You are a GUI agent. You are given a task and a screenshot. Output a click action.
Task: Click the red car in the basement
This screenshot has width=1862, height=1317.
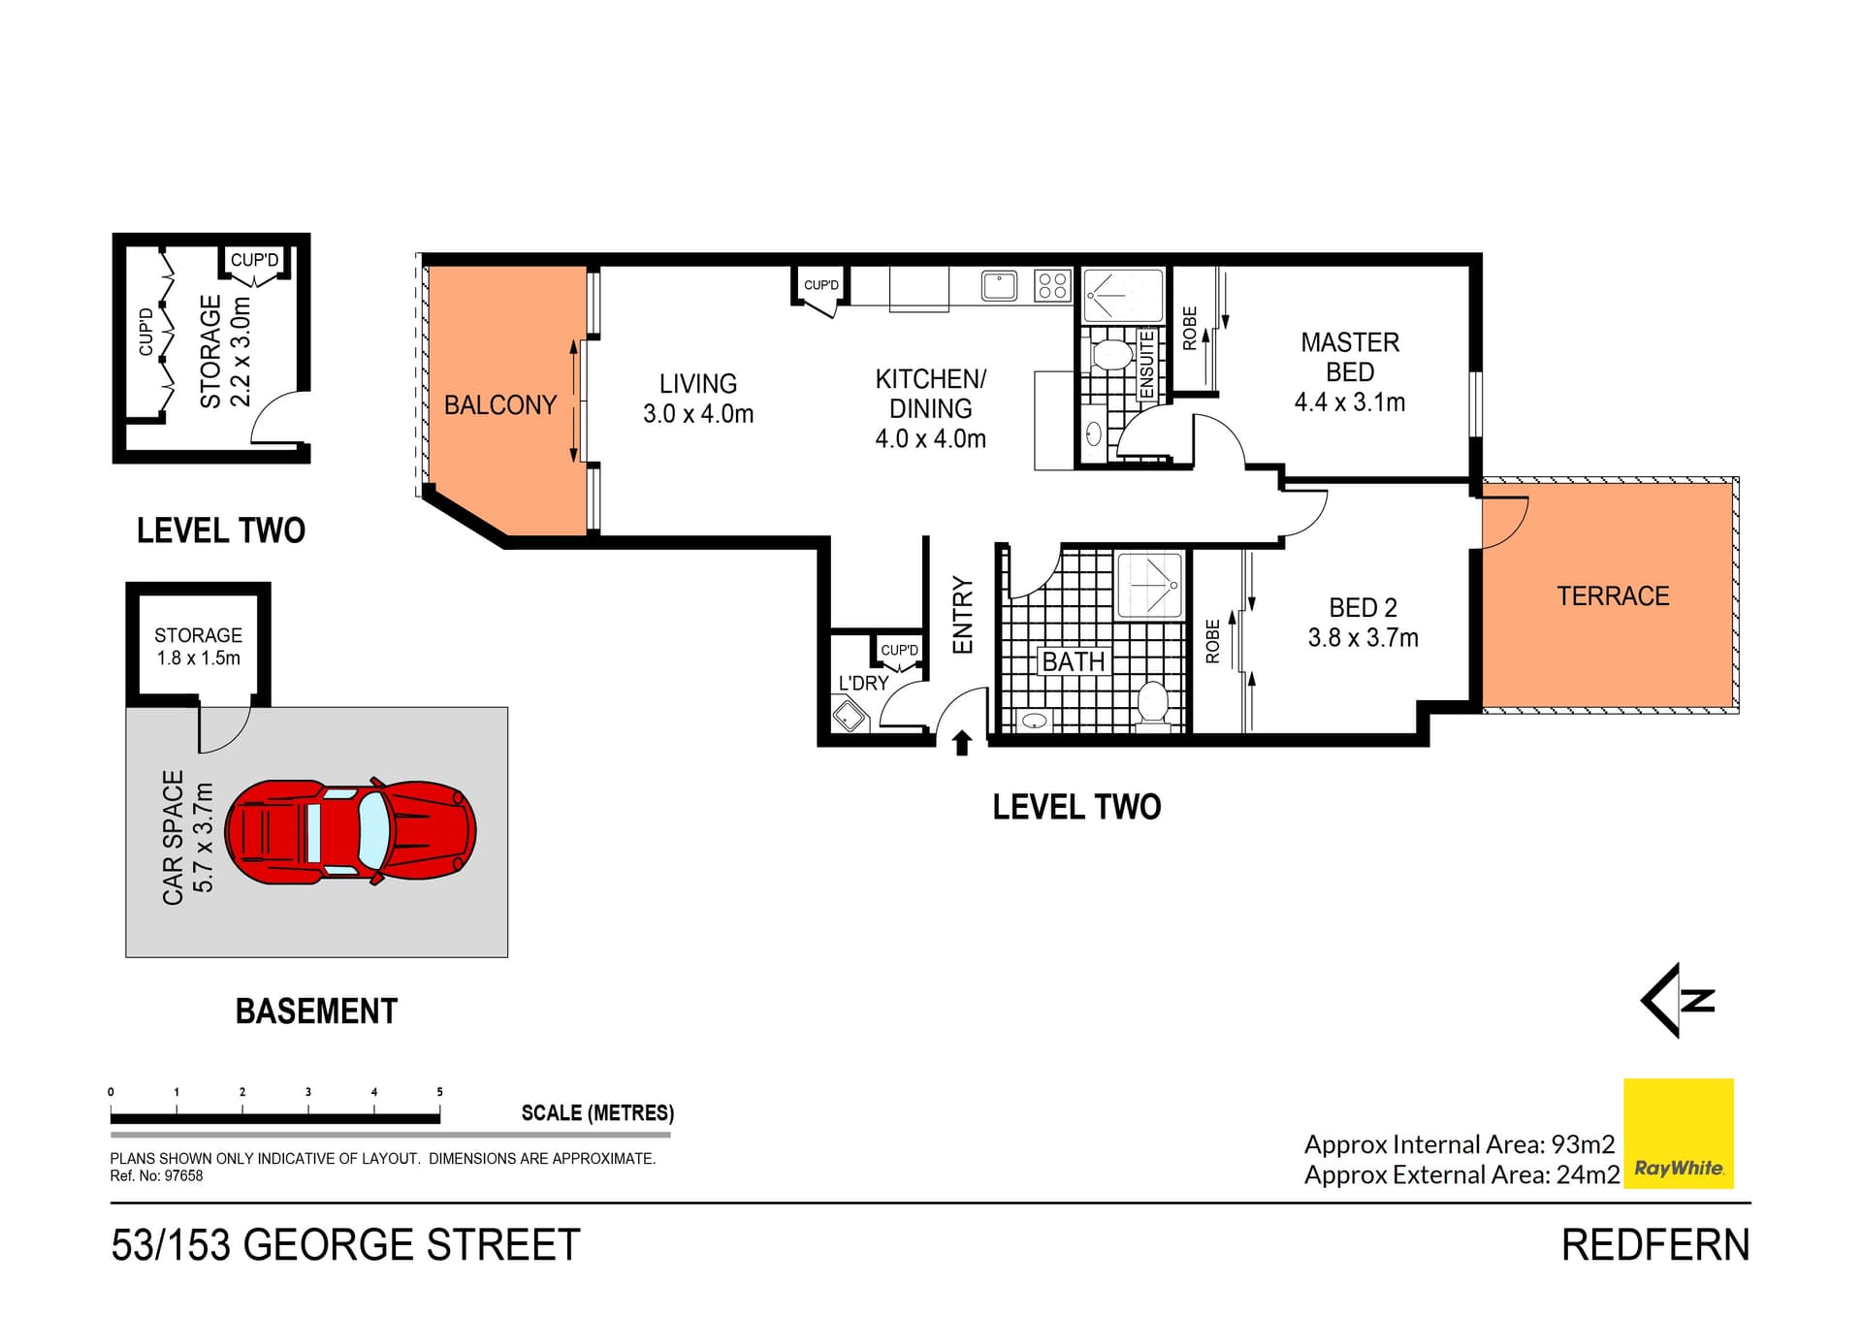click(x=350, y=831)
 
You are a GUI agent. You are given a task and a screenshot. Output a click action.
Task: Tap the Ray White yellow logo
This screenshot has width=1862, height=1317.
click(x=1678, y=1133)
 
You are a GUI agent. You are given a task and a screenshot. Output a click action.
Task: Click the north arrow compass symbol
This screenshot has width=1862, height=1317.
click(x=1679, y=1000)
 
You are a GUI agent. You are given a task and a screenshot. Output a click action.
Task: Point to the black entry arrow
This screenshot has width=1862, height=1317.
click(x=961, y=743)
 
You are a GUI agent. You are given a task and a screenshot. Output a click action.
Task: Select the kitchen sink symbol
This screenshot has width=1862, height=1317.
click(x=999, y=286)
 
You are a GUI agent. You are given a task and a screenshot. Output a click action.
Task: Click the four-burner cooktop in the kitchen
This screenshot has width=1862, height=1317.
click(x=1052, y=285)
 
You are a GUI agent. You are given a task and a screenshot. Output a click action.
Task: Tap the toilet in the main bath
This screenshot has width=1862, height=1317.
click(x=1152, y=702)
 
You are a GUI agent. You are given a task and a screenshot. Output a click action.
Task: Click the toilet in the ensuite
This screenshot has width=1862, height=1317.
click(x=1111, y=354)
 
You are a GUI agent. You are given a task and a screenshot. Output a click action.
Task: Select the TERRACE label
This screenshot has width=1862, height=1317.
click(x=1613, y=595)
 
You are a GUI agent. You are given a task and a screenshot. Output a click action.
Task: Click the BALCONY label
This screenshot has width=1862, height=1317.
click(x=500, y=404)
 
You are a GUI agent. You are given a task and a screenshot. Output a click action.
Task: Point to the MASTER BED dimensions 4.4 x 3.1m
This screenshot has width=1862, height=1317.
click(x=1349, y=402)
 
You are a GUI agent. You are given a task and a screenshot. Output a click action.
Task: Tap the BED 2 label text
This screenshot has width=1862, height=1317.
click(x=1363, y=608)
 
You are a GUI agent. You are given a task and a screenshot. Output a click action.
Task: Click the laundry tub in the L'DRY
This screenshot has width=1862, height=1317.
click(x=851, y=717)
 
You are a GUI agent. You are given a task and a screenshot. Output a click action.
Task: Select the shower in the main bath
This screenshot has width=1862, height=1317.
click(x=1150, y=585)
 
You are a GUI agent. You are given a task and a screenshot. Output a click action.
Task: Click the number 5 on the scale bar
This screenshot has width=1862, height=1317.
click(x=439, y=1092)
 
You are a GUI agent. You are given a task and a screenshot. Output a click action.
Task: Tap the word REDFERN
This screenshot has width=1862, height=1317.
click(x=1654, y=1245)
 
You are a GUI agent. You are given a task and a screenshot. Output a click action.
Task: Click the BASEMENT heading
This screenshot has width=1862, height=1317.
click(x=316, y=1012)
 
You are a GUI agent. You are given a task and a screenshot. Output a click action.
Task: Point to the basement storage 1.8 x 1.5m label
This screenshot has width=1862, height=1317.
click(x=198, y=647)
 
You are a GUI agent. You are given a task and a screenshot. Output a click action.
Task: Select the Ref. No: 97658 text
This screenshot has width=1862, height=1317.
click(x=156, y=1176)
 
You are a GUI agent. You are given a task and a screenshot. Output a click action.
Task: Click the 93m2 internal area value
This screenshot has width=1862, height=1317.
click(x=1583, y=1144)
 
